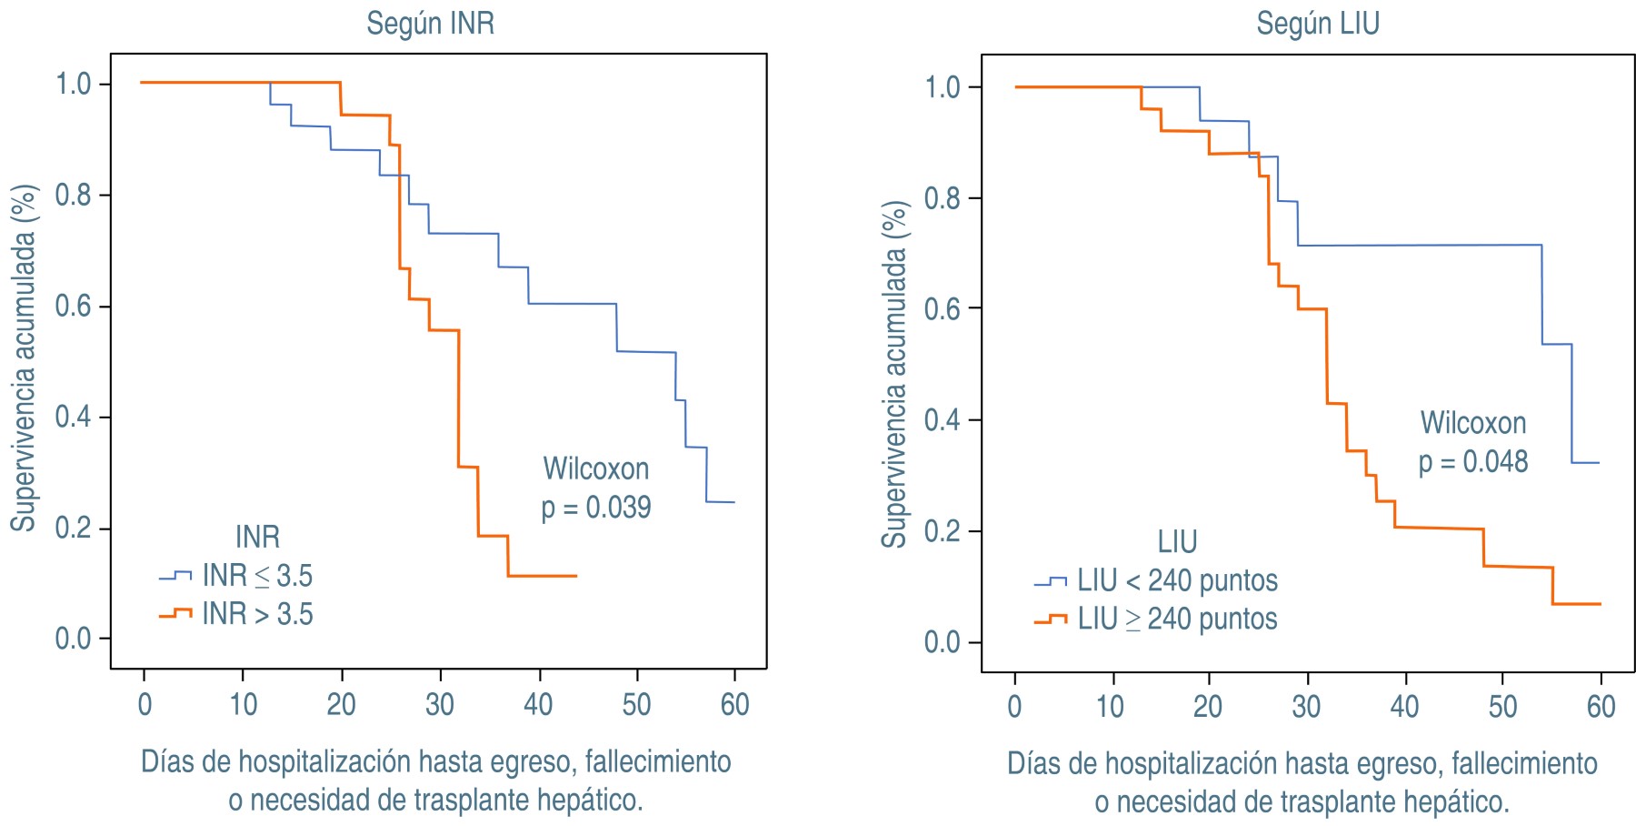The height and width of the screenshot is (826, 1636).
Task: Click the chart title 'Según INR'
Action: (x=430, y=23)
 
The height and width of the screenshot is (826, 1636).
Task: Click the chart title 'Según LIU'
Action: (x=1318, y=23)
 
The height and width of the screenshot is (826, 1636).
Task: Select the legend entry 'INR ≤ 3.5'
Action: (x=256, y=576)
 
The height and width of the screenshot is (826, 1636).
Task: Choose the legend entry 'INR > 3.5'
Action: (x=256, y=614)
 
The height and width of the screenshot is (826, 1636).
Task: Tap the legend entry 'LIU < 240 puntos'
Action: (x=1177, y=580)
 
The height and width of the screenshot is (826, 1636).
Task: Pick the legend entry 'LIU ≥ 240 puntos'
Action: (x=1177, y=619)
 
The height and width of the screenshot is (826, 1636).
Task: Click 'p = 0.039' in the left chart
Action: (x=596, y=508)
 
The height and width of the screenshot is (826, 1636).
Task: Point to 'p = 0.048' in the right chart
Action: (x=1473, y=462)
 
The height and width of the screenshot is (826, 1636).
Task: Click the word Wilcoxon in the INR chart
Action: (x=596, y=468)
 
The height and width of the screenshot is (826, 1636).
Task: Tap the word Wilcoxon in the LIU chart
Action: (x=1473, y=423)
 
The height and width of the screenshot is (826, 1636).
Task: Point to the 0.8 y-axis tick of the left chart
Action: (x=73, y=195)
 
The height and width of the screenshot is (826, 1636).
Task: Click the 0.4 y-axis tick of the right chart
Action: (x=943, y=420)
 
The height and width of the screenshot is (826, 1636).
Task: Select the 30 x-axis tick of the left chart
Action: (x=440, y=704)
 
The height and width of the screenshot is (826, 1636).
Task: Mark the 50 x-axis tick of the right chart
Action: (x=1502, y=707)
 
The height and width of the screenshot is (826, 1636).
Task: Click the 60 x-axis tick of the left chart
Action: (x=734, y=704)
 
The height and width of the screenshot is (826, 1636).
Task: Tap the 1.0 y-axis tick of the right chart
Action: (x=943, y=87)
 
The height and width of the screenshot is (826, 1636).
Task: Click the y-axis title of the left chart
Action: (x=24, y=358)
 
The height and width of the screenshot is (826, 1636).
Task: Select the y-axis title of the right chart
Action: (x=894, y=374)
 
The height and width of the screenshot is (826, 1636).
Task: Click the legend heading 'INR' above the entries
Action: (x=257, y=537)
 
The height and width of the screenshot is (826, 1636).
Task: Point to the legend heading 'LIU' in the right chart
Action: (x=1177, y=542)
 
